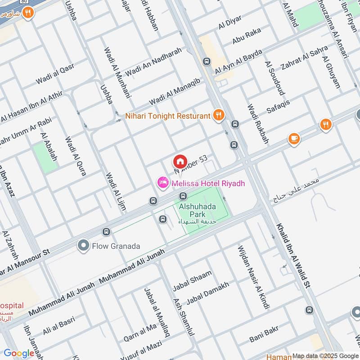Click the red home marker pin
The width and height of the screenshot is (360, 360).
coord(180,161)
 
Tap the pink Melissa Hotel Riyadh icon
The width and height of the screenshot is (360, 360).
coord(162,183)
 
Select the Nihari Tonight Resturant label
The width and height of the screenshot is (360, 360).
coord(168,116)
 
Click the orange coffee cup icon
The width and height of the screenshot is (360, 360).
coord(294,139)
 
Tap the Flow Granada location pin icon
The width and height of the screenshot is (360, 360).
coord(83,246)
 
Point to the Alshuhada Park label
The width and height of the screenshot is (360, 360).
coord(198,211)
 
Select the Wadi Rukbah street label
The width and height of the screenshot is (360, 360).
coord(258,124)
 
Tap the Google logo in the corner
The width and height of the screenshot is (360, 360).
coord(19,353)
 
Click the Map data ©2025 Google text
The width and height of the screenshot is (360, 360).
coord(325,355)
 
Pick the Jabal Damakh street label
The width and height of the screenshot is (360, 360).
coord(207,293)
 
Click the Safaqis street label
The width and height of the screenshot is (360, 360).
coord(278,107)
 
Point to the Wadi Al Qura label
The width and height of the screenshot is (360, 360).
coord(76,156)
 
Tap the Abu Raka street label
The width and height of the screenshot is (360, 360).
coord(247,38)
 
